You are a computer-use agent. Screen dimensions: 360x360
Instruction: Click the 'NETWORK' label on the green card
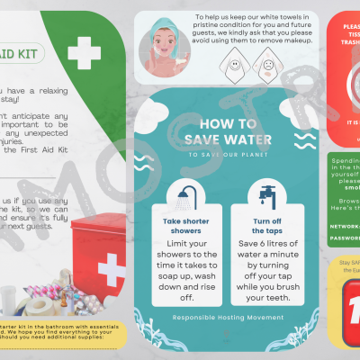click(345, 228)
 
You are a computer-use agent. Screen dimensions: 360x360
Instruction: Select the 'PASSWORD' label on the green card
click(345, 238)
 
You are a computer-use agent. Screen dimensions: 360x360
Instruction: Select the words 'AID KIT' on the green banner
click(20, 53)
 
